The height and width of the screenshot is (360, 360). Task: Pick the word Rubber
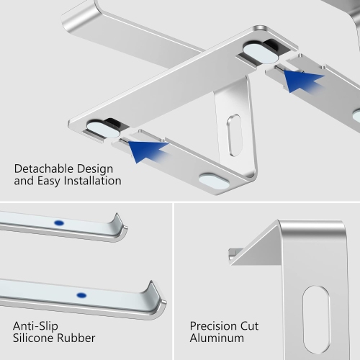[78, 338]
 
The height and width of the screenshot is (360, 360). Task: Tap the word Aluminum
[217, 338]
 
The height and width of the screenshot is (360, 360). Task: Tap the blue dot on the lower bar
[81, 295]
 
